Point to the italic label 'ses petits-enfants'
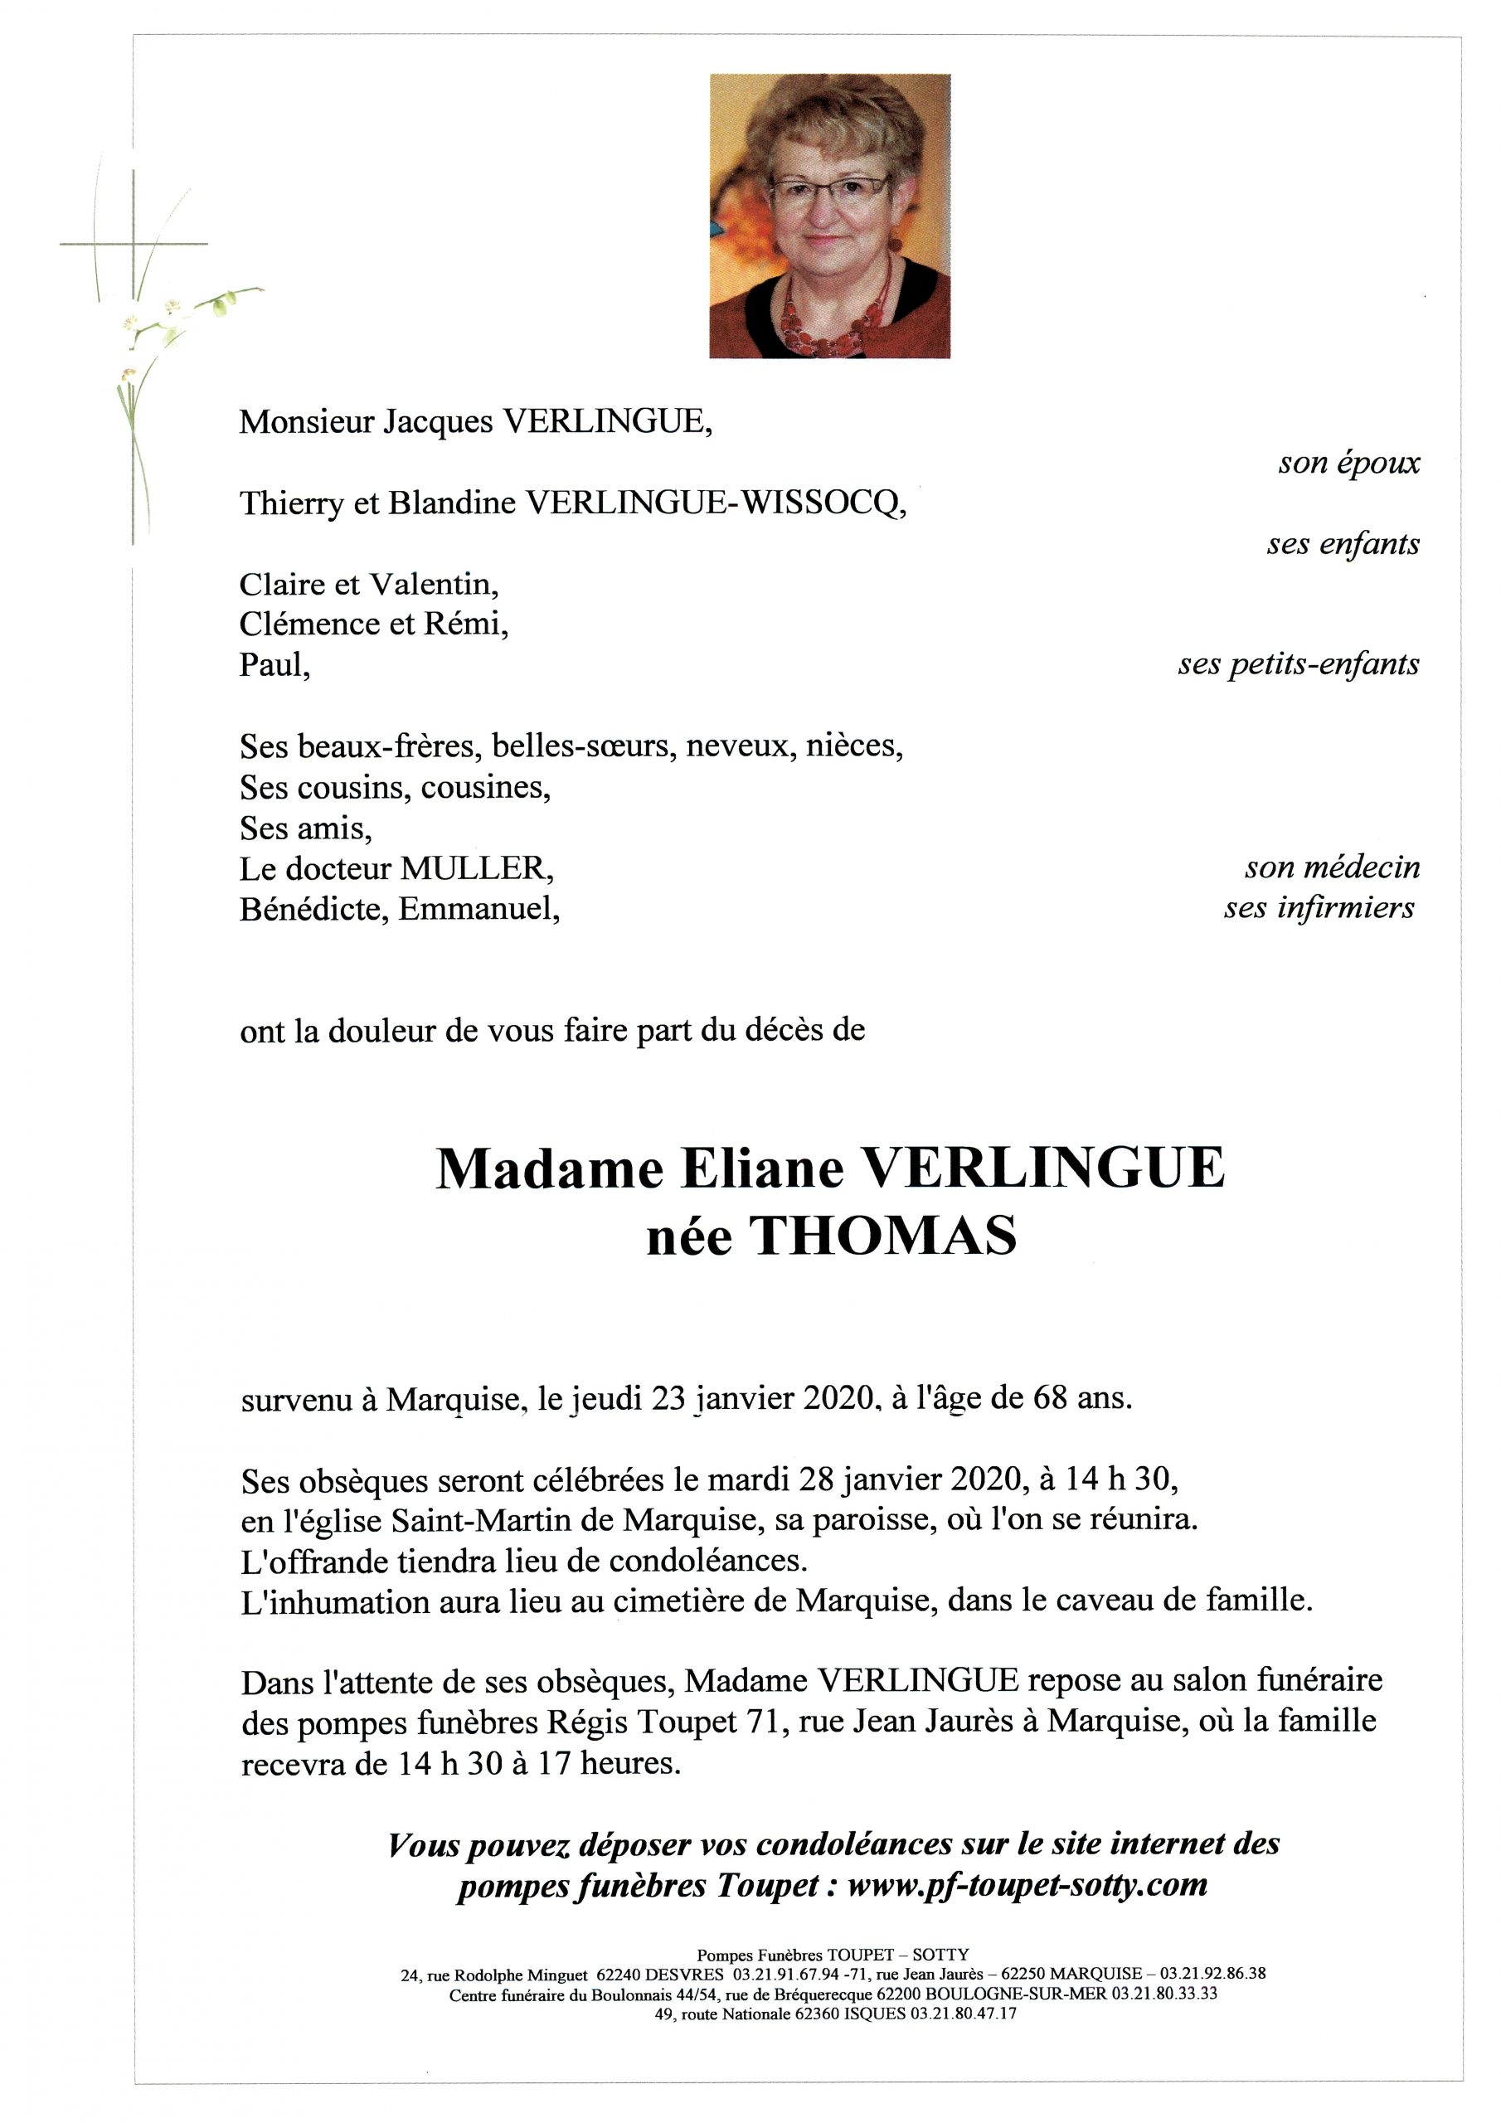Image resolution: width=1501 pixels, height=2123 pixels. (1298, 664)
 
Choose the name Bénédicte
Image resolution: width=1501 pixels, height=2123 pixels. (314, 910)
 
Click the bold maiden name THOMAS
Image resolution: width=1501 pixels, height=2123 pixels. (882, 1236)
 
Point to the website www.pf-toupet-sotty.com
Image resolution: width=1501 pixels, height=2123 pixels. (1027, 1883)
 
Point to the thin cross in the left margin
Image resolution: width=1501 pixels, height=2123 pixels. (134, 243)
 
